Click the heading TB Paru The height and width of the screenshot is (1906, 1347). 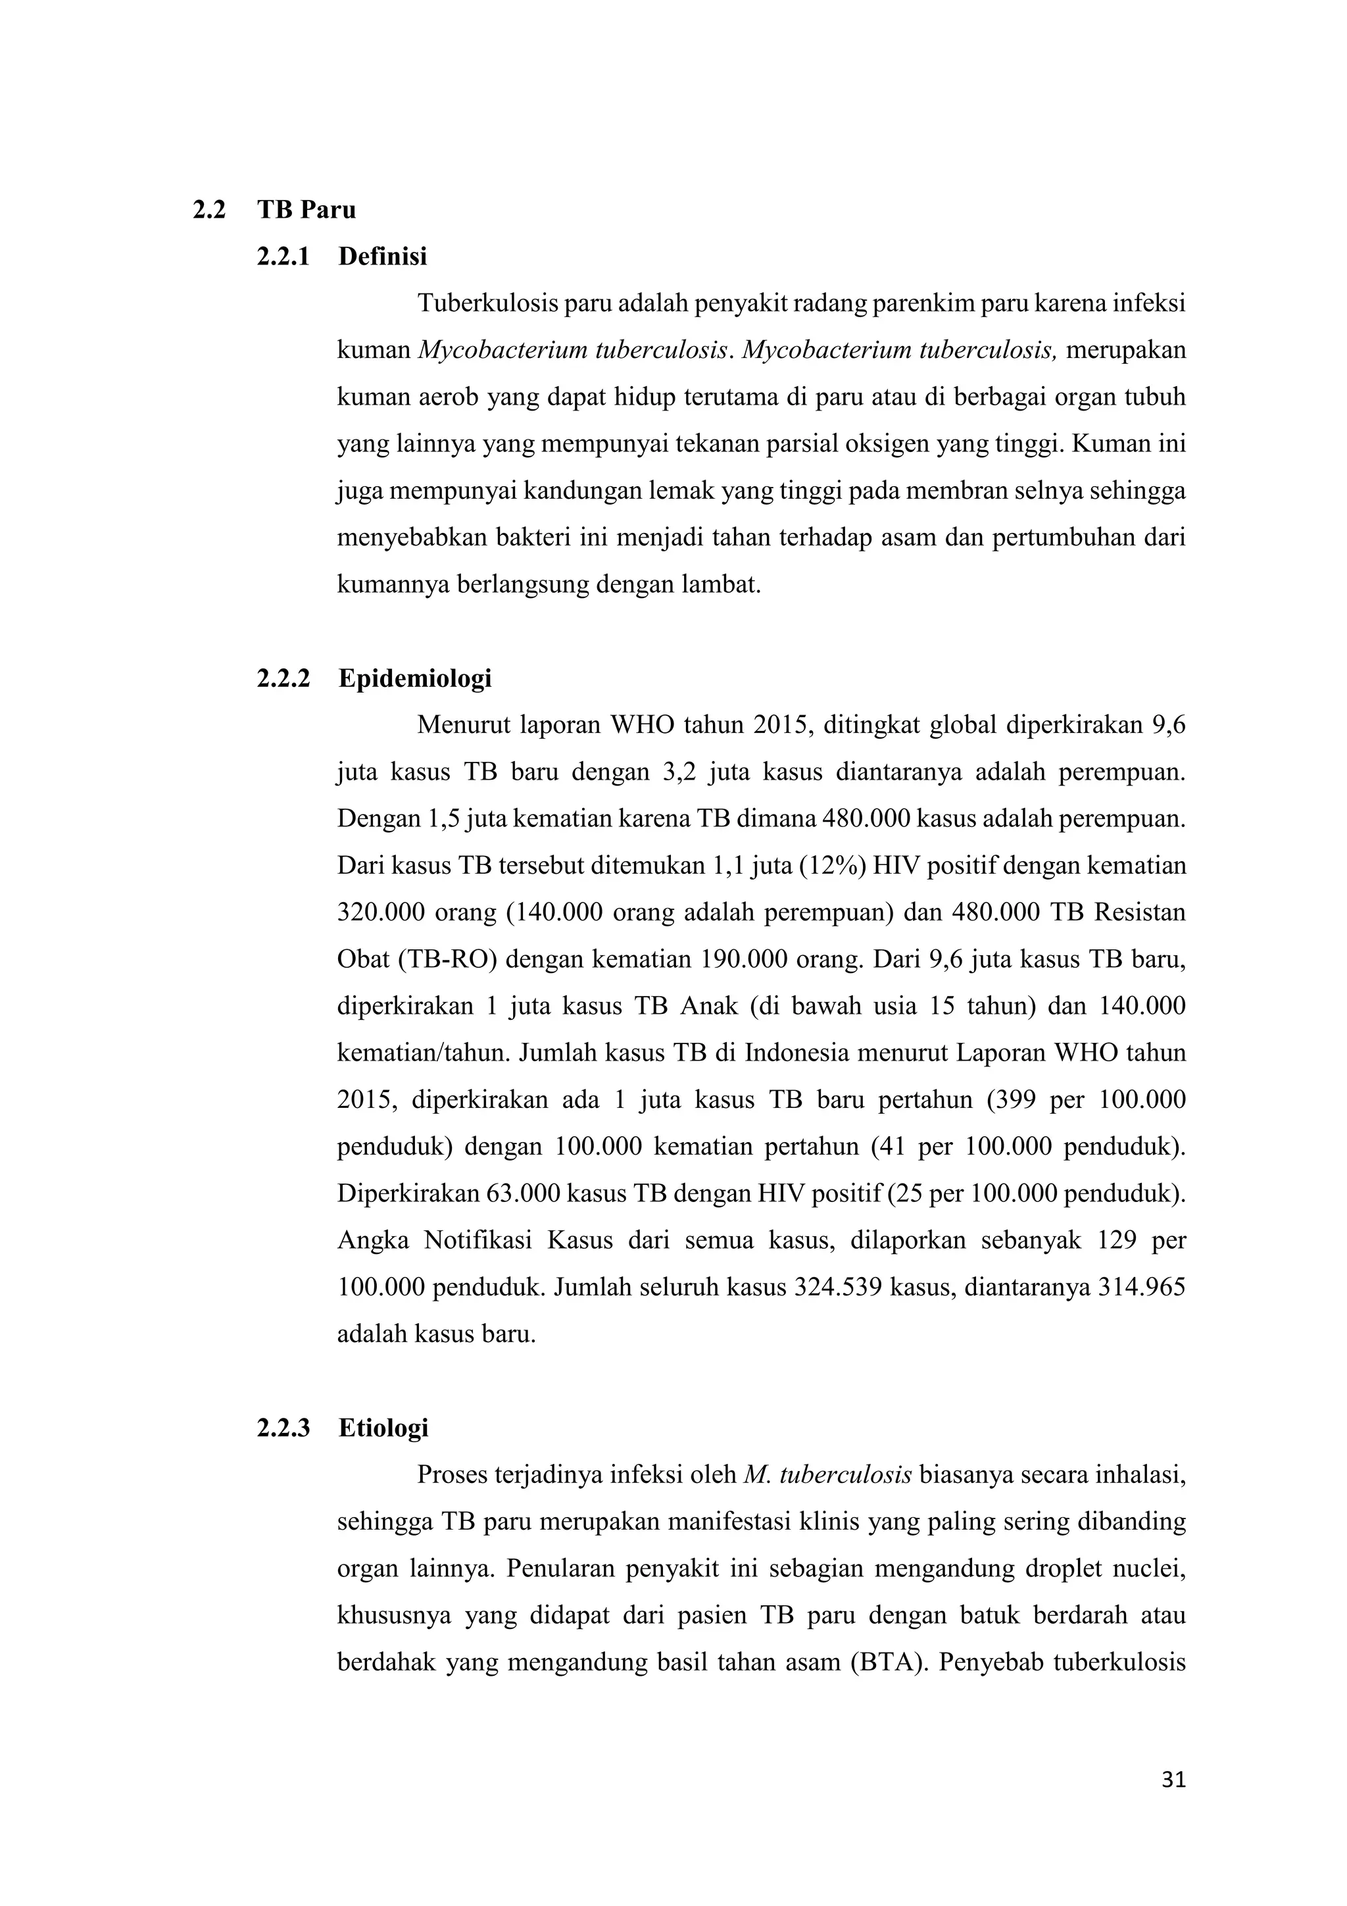306,210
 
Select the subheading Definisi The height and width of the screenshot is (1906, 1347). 383,257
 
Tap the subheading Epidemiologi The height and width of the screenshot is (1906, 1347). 415,678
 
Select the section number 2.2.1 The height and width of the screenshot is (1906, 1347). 283,257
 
